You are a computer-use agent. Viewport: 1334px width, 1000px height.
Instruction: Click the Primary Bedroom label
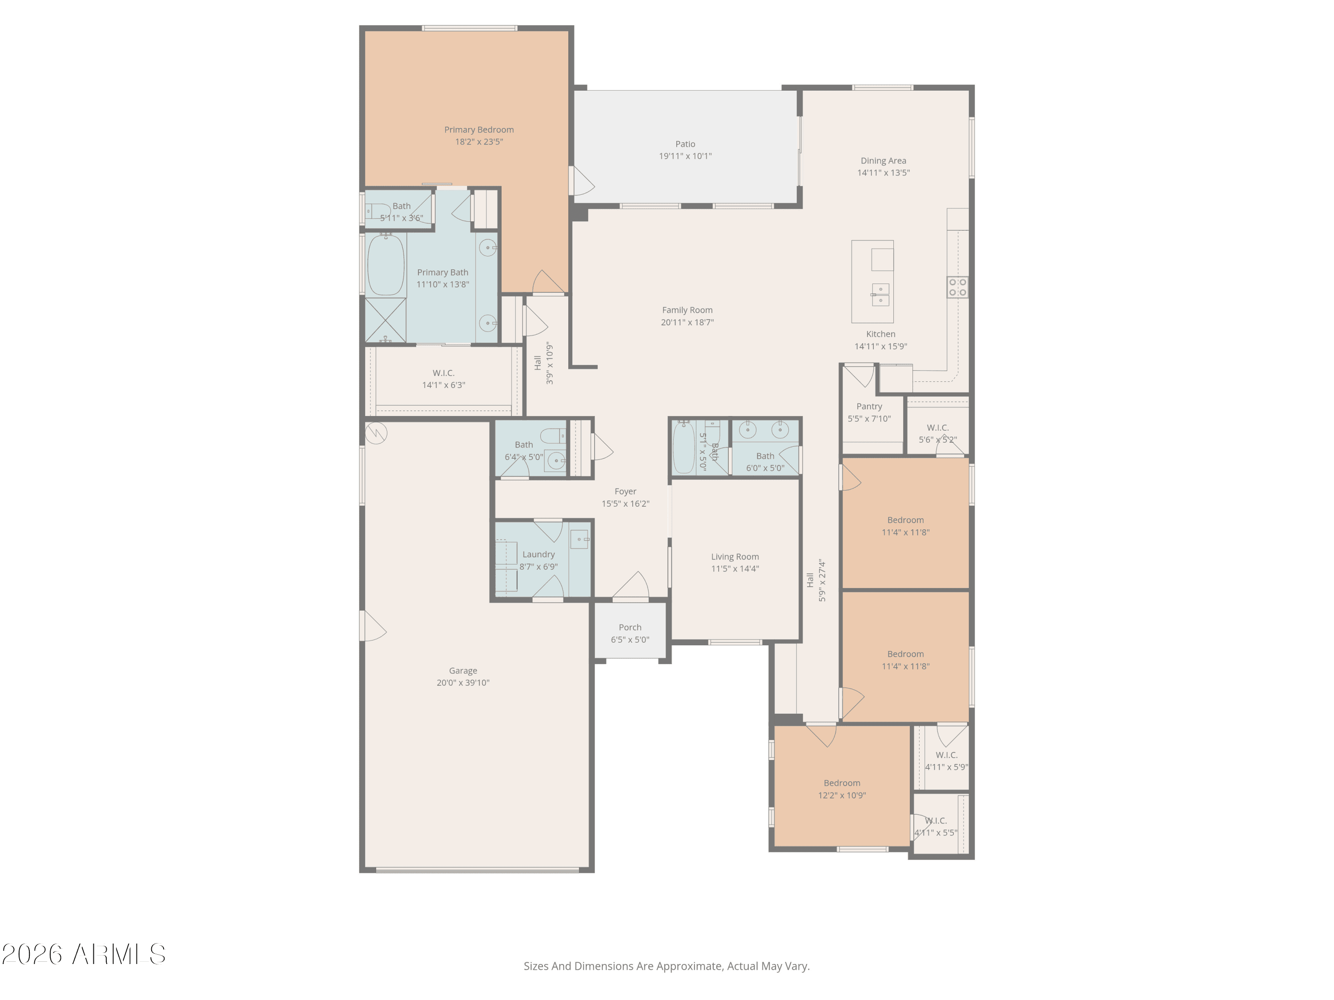pos(479,130)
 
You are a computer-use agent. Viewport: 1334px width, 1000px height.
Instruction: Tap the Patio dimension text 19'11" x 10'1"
pos(685,156)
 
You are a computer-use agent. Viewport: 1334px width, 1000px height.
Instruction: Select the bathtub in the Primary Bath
pos(386,265)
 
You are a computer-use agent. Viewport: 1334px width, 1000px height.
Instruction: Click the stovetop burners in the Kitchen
pos(957,287)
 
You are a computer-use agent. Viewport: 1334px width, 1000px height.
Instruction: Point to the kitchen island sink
pos(880,294)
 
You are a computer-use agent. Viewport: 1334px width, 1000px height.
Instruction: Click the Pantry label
pos(869,406)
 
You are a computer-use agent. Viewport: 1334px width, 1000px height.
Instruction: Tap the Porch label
pos(630,628)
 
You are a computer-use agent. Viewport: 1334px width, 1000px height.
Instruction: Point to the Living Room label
pos(735,557)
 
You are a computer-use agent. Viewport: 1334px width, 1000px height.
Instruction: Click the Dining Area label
pos(883,161)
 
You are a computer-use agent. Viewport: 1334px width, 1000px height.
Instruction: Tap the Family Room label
pos(687,310)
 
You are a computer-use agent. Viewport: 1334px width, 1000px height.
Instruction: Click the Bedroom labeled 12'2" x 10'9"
pos(842,783)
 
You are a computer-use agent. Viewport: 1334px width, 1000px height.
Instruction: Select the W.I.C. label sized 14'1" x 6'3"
pos(443,373)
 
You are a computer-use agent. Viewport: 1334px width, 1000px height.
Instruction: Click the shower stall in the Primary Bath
pos(386,320)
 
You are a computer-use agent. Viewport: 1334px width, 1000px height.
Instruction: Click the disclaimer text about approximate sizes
pos(667,966)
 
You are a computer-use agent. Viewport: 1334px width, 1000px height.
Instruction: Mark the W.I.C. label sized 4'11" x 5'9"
pos(946,755)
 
